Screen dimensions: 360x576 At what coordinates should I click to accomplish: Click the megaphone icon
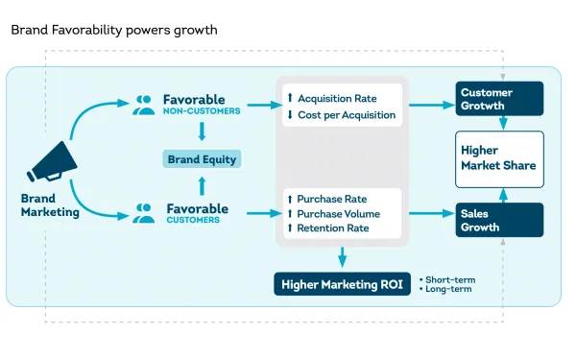pos(56,162)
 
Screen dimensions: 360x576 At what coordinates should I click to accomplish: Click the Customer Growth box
pos(499,99)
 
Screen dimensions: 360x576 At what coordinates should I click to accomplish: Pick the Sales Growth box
pos(499,220)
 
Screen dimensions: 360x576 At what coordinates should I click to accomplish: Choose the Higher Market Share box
pos(499,158)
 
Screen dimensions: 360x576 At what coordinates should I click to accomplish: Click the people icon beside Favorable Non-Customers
pos(144,103)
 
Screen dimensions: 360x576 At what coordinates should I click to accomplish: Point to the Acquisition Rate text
pos(337,99)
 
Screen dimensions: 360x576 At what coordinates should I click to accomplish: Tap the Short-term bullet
pos(448,279)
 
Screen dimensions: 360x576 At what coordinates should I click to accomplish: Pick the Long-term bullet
pos(447,289)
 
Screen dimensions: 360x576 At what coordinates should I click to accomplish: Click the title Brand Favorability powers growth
pos(114,30)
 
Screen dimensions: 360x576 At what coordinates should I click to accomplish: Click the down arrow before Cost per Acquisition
pos(289,115)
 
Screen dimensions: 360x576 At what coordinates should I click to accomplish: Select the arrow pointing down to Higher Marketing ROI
pos(343,257)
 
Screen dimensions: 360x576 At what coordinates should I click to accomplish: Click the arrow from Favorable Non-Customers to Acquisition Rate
pos(259,104)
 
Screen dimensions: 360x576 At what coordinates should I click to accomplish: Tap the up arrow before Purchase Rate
pos(289,199)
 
